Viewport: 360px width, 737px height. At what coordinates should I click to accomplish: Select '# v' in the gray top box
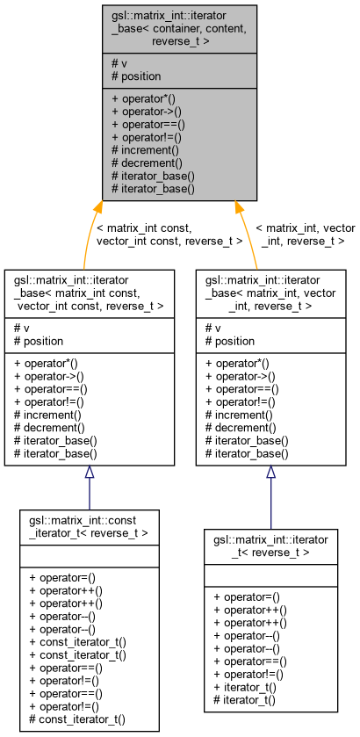(119, 63)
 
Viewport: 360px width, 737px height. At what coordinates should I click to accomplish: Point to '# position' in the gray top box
(136, 76)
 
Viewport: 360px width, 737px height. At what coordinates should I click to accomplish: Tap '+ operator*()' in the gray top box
(144, 98)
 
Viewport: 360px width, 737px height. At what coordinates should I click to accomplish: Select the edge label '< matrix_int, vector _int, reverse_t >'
(304, 234)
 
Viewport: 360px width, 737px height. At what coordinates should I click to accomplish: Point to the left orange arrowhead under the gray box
(97, 208)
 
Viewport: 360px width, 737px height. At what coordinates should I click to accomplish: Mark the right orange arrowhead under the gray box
(237, 208)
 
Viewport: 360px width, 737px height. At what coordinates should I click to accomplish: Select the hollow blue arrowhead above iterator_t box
(270, 473)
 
